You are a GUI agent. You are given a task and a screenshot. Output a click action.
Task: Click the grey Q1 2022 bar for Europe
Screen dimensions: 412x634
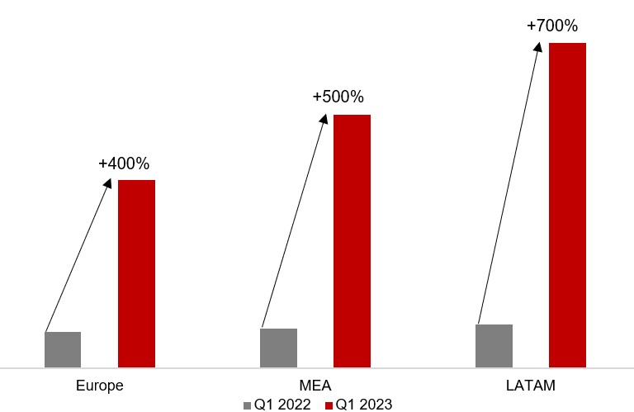63,349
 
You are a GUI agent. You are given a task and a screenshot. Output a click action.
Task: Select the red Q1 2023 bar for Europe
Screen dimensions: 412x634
136,273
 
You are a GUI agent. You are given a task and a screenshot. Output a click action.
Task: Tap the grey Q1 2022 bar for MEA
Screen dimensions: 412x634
278,348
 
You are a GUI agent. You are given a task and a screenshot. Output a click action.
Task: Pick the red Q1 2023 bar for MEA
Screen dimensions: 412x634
352,240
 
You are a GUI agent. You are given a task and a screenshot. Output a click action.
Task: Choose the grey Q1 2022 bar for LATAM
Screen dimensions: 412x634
494,345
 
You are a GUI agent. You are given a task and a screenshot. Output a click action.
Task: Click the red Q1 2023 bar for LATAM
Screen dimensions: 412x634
567,205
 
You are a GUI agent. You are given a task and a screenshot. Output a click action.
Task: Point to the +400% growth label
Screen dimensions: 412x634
124,163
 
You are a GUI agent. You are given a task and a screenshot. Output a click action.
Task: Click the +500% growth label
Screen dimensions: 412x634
338,97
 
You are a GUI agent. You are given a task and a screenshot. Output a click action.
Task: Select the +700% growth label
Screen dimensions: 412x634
552,26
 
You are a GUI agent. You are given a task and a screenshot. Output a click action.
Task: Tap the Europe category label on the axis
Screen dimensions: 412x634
99,386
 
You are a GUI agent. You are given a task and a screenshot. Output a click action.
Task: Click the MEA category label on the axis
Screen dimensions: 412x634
315,386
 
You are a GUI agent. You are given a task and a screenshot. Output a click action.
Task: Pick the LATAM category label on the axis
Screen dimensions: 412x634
530,386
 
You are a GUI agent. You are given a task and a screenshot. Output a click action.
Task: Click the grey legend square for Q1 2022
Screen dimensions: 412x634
248,405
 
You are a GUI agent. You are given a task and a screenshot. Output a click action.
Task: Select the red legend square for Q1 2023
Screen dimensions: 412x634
328,405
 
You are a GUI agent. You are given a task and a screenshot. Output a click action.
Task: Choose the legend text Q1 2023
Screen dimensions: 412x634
363,405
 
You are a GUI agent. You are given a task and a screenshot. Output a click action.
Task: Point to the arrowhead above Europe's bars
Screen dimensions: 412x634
108,182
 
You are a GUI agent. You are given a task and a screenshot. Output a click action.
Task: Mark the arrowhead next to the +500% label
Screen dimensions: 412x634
324,118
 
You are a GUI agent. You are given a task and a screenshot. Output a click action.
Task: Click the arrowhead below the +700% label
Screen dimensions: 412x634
539,46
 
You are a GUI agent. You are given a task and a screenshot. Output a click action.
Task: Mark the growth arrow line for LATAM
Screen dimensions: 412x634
509,182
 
